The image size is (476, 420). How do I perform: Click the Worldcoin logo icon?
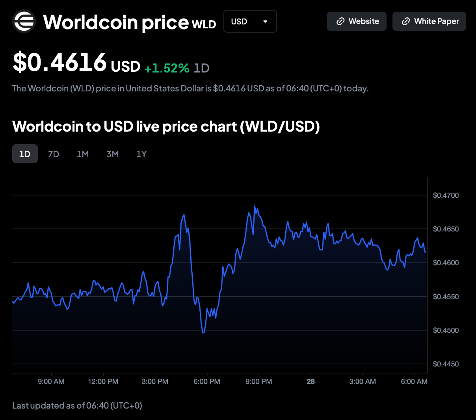[x=24, y=21]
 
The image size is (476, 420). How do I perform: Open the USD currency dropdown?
[x=250, y=21]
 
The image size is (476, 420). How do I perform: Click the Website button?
[x=357, y=21]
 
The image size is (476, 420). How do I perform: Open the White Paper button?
[x=429, y=21]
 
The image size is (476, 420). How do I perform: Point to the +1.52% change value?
[x=167, y=68]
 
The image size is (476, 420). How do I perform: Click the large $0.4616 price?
[x=60, y=62]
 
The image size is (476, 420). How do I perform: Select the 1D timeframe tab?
[x=25, y=154]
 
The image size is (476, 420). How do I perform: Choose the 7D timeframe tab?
[x=54, y=154]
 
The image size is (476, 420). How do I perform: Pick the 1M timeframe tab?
[x=83, y=154]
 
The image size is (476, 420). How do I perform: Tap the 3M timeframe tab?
[x=113, y=154]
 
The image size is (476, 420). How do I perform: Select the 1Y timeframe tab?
[x=141, y=154]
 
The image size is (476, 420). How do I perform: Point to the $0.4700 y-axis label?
[x=446, y=195]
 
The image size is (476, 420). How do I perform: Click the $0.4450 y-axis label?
[x=446, y=364]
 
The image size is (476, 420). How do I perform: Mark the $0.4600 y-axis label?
[x=446, y=263]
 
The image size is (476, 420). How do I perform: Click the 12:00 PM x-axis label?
[x=103, y=381]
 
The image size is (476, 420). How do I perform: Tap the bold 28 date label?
[x=311, y=381]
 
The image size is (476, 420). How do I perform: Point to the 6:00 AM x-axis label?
[x=414, y=381]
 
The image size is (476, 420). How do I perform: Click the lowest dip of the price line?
[x=203, y=333]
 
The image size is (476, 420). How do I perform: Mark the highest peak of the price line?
[x=255, y=206]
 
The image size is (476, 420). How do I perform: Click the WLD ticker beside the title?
[x=204, y=24]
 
